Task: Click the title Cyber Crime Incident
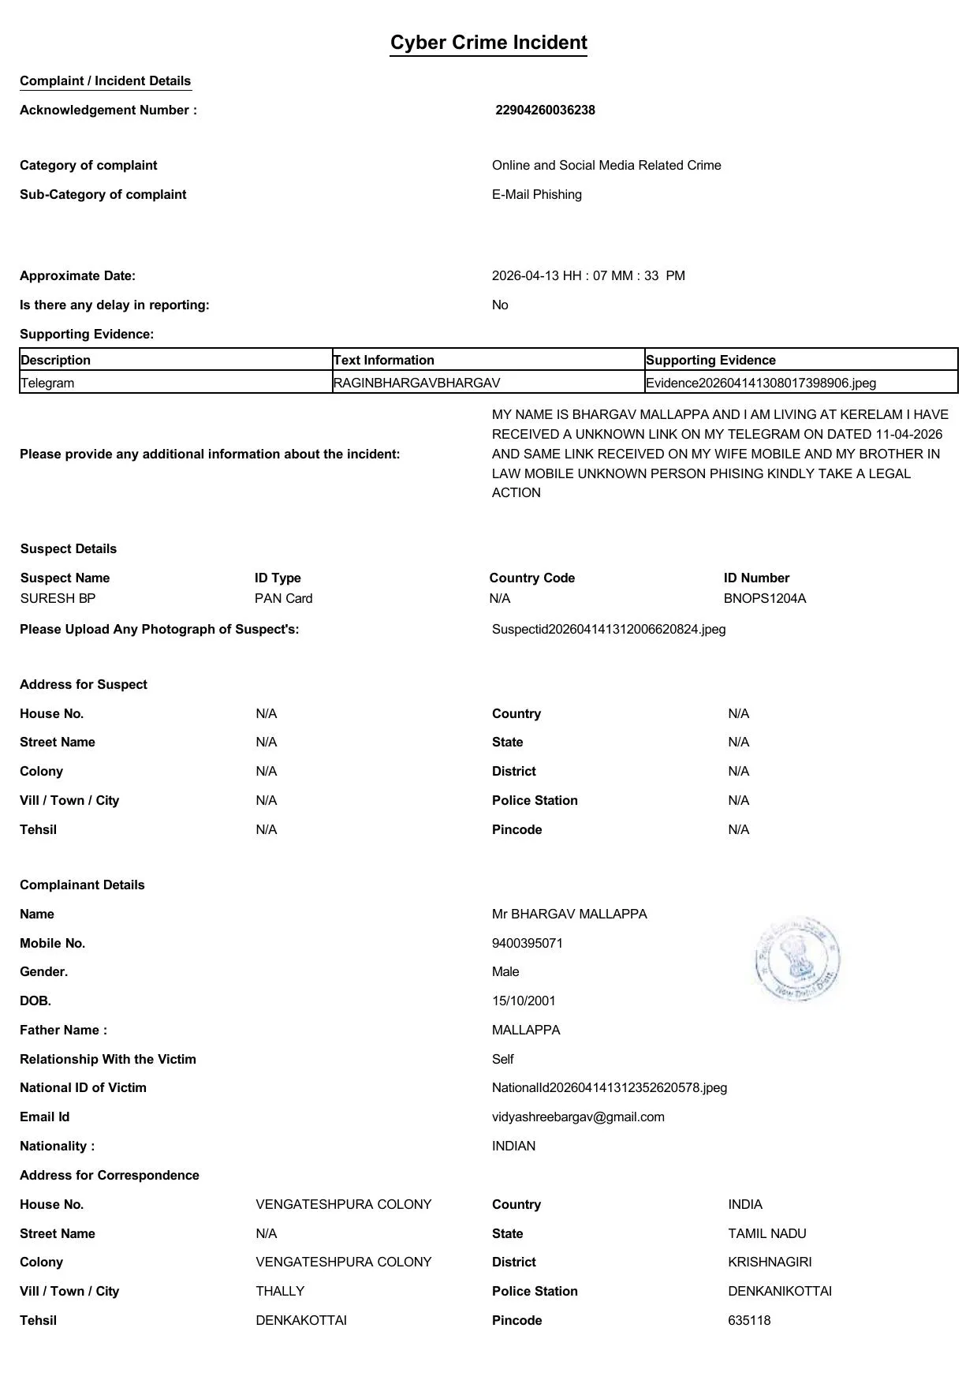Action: pyautogui.click(x=488, y=43)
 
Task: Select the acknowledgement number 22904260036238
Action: pyautogui.click(x=545, y=110)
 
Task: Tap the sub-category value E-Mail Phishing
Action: pyautogui.click(x=536, y=195)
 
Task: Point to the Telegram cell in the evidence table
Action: pyautogui.click(x=47, y=383)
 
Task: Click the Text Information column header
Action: pyautogui.click(x=384, y=360)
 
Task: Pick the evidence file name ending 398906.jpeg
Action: pyautogui.click(x=760, y=383)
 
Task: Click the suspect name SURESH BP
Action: pyautogui.click(x=58, y=598)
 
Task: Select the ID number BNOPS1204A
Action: pyautogui.click(x=764, y=598)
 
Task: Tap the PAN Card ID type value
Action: pyautogui.click(x=283, y=598)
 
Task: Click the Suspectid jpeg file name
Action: pyautogui.click(x=608, y=629)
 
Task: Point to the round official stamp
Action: pyautogui.click(x=797, y=959)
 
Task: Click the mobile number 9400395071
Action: pyautogui.click(x=527, y=943)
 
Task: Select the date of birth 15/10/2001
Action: pyautogui.click(x=524, y=1001)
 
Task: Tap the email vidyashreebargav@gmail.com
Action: pyautogui.click(x=577, y=1117)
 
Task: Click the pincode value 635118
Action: pyautogui.click(x=749, y=1320)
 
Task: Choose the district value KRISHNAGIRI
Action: pyautogui.click(x=770, y=1262)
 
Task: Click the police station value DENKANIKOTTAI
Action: pyautogui.click(x=779, y=1291)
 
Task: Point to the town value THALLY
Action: pyautogui.click(x=280, y=1291)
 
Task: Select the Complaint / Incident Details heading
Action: pyautogui.click(x=105, y=81)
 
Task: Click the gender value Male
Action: pyautogui.click(x=505, y=971)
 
